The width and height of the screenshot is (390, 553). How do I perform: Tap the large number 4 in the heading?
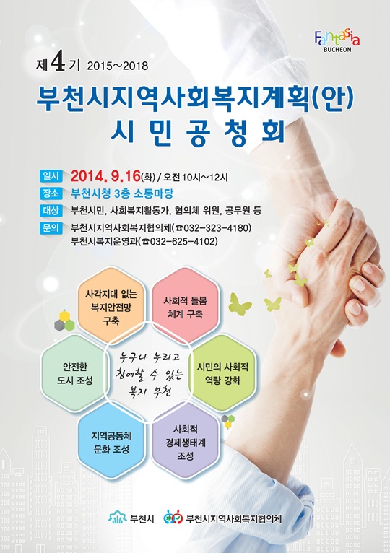coord(58,64)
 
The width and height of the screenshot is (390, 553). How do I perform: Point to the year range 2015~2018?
coord(117,66)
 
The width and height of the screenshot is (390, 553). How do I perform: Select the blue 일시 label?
coord(51,175)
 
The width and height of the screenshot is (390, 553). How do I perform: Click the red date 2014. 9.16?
coord(105,175)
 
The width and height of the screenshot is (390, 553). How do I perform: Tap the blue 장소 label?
coord(51,193)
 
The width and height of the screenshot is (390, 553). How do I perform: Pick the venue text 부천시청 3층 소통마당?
coord(122,193)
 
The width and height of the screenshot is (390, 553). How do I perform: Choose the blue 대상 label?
coord(51,211)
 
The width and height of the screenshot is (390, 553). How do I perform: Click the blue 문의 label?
coord(51,228)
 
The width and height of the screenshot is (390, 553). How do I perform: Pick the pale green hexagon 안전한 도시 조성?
coord(75,373)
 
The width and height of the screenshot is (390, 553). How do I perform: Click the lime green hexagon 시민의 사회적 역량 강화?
coord(222,373)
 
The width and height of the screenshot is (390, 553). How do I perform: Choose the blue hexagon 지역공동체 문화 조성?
coord(110,443)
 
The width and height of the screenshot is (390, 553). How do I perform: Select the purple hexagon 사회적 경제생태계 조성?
coord(186,443)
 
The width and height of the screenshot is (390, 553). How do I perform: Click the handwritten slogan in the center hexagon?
coord(149,373)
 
